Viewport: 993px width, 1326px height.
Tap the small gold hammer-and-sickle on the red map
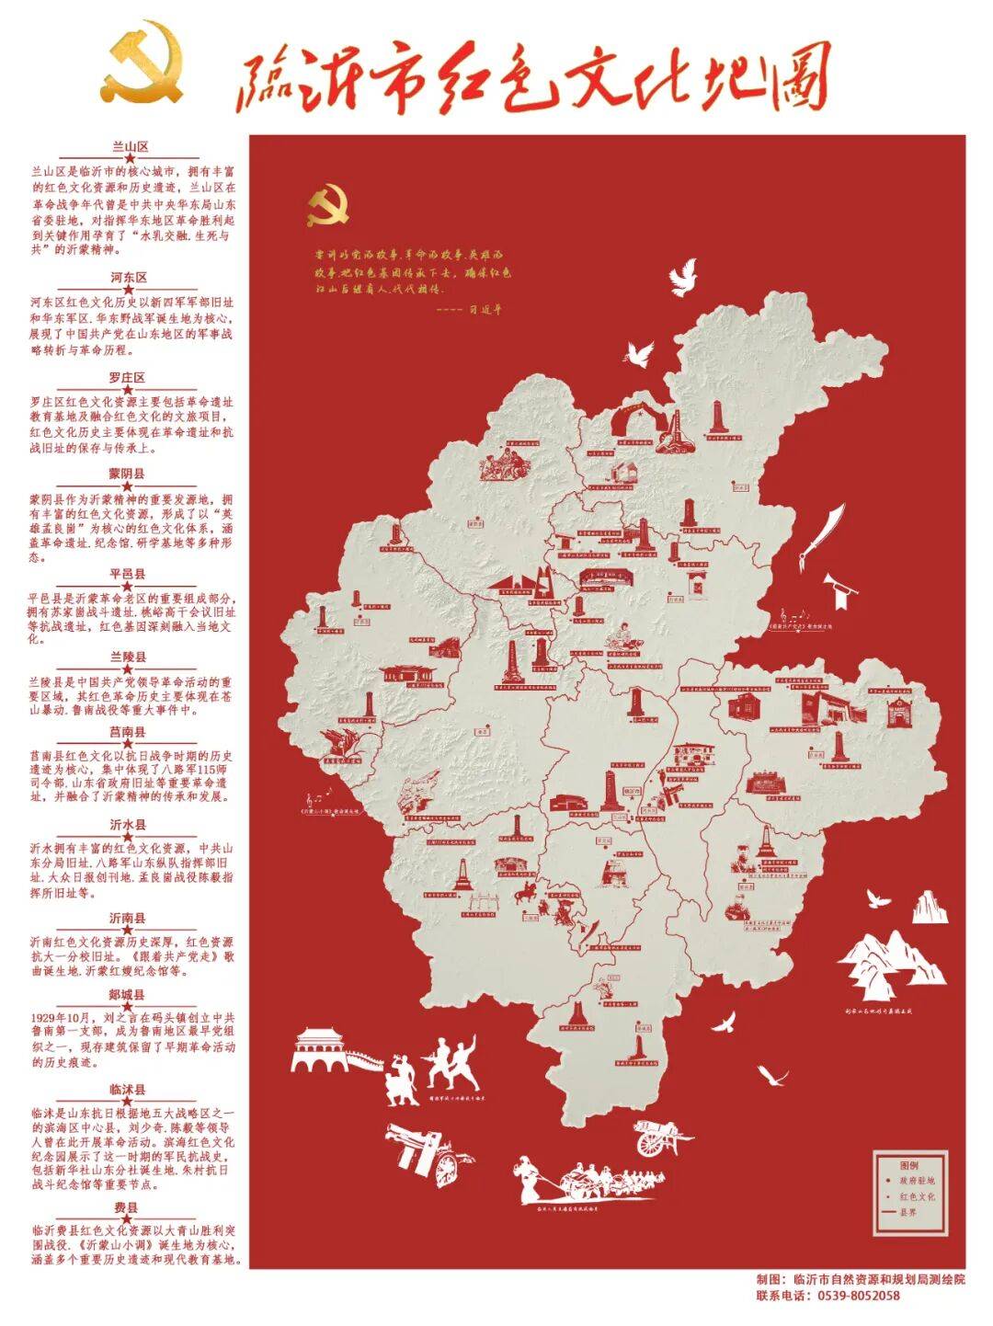coord(327,208)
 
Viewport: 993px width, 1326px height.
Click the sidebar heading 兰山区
coord(130,146)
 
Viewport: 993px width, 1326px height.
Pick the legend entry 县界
coord(907,1212)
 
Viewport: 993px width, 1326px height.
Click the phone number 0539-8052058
coord(855,1297)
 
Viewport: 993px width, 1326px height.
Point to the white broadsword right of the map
coord(820,535)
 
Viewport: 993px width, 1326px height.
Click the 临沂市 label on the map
coord(632,789)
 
